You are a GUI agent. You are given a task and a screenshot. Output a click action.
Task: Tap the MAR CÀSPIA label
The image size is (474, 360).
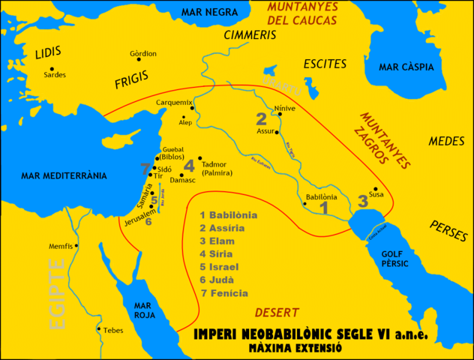[x=406, y=67]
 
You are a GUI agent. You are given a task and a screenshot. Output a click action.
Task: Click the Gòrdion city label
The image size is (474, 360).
[x=143, y=54]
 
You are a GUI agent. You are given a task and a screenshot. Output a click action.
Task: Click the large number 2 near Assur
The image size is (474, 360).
[x=261, y=119]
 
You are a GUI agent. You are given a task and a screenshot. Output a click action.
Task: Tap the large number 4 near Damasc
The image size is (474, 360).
[x=189, y=166]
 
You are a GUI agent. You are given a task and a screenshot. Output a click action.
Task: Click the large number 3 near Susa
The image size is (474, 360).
[x=363, y=201]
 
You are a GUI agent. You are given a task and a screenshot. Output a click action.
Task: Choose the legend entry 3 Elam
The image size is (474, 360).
[x=217, y=241]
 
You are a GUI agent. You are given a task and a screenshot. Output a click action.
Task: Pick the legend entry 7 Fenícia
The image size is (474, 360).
[x=223, y=293]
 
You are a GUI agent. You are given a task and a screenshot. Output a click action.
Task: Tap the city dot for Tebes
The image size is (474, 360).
[x=98, y=328]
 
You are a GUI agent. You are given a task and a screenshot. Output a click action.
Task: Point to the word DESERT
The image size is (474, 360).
[x=276, y=312]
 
